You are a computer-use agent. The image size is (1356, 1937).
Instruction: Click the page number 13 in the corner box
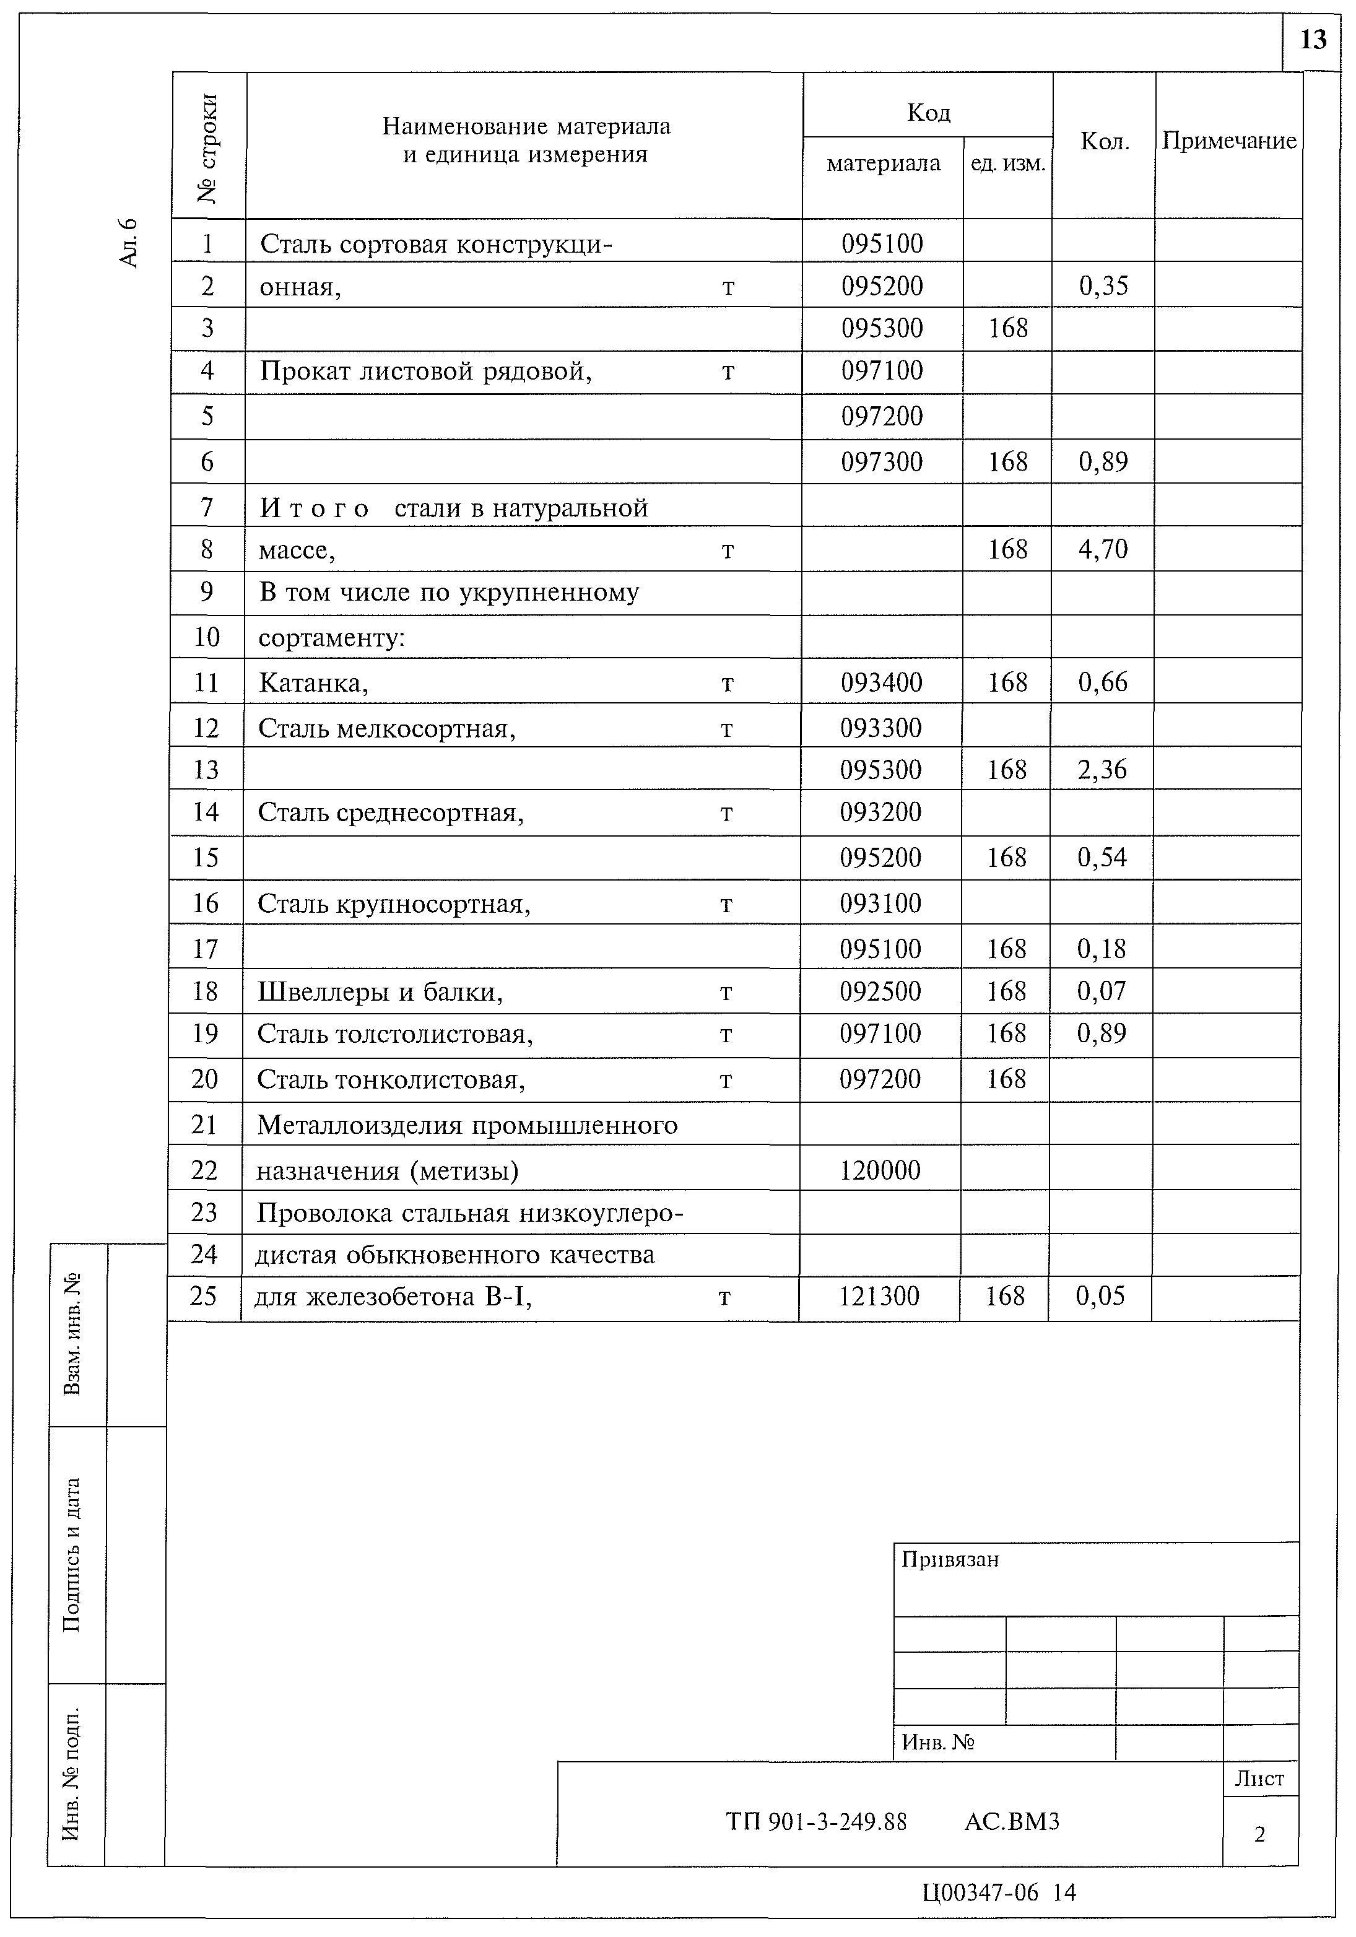tap(1313, 40)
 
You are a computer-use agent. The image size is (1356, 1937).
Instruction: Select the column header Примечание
tap(1228, 141)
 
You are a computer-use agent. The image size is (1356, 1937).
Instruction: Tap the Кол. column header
tap(1104, 142)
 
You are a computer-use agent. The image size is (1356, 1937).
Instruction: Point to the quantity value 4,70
tap(1102, 549)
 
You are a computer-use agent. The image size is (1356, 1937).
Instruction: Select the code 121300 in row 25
tap(879, 1296)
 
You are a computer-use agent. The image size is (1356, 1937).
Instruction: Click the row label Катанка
tap(313, 682)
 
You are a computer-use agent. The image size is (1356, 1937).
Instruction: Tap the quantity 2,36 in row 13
tap(1102, 769)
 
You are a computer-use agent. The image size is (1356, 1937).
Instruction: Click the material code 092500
tap(880, 991)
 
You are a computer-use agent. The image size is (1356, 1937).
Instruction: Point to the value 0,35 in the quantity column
tap(1103, 286)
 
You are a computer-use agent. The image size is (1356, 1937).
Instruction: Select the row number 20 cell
tap(205, 1079)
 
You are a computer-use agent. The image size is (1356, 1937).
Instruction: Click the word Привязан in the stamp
tap(949, 1560)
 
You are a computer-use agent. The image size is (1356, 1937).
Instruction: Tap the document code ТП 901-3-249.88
tap(816, 1822)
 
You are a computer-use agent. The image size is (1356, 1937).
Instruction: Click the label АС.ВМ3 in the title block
tap(1011, 1822)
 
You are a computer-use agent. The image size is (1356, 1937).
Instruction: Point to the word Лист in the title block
tap(1259, 1779)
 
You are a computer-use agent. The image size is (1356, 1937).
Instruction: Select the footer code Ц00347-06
tap(980, 1893)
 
